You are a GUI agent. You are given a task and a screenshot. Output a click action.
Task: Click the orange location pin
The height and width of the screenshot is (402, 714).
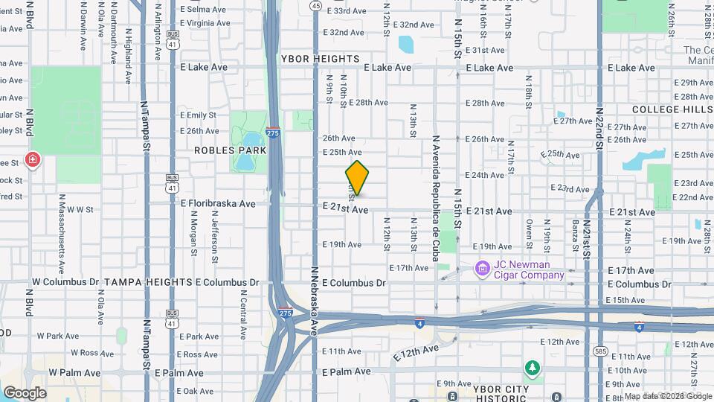[357, 178]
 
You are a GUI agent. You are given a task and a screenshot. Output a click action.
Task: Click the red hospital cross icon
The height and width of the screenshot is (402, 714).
[32, 159]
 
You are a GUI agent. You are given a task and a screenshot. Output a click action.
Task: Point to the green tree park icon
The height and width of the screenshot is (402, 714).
[532, 368]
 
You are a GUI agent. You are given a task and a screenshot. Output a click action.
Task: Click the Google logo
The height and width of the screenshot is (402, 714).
[25, 393]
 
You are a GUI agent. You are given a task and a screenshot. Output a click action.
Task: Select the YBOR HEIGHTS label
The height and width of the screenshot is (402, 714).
[321, 59]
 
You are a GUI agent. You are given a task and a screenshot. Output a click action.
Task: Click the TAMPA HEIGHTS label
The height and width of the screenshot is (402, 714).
[148, 282]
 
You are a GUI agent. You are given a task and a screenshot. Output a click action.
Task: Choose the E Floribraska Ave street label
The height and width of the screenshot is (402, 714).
[217, 203]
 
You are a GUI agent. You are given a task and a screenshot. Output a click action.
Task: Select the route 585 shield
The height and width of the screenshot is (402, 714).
[599, 350]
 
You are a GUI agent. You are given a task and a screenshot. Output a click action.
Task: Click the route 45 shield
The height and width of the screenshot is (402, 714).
[316, 6]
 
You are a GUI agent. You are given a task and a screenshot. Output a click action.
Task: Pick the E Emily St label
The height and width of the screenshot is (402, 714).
[198, 115]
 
